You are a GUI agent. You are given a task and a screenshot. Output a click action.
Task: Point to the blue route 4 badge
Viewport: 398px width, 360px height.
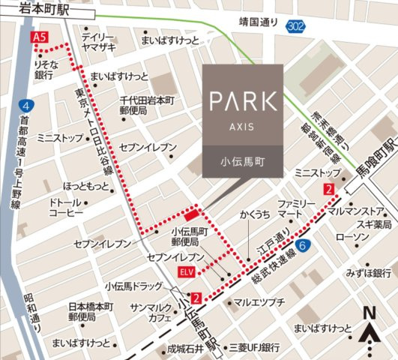pos(27,105)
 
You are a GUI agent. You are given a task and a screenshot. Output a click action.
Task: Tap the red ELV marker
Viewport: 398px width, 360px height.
pos(186,271)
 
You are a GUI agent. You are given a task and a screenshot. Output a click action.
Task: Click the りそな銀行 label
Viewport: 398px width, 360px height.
pos(43,71)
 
